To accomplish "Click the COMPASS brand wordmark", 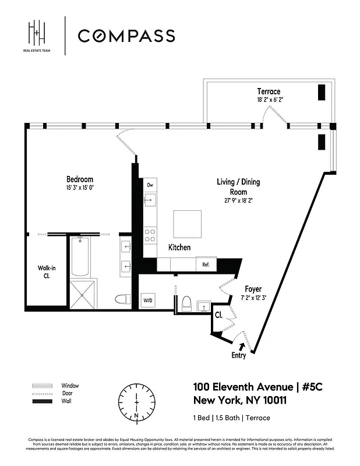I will [126, 36].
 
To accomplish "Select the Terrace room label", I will [269, 91].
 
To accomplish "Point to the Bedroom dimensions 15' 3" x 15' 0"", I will [79, 188].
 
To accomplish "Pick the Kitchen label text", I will [179, 248].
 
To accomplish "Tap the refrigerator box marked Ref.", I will [206, 264].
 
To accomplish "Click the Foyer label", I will [253, 289].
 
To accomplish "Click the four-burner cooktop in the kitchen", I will [149, 234].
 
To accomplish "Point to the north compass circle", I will [136, 402].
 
